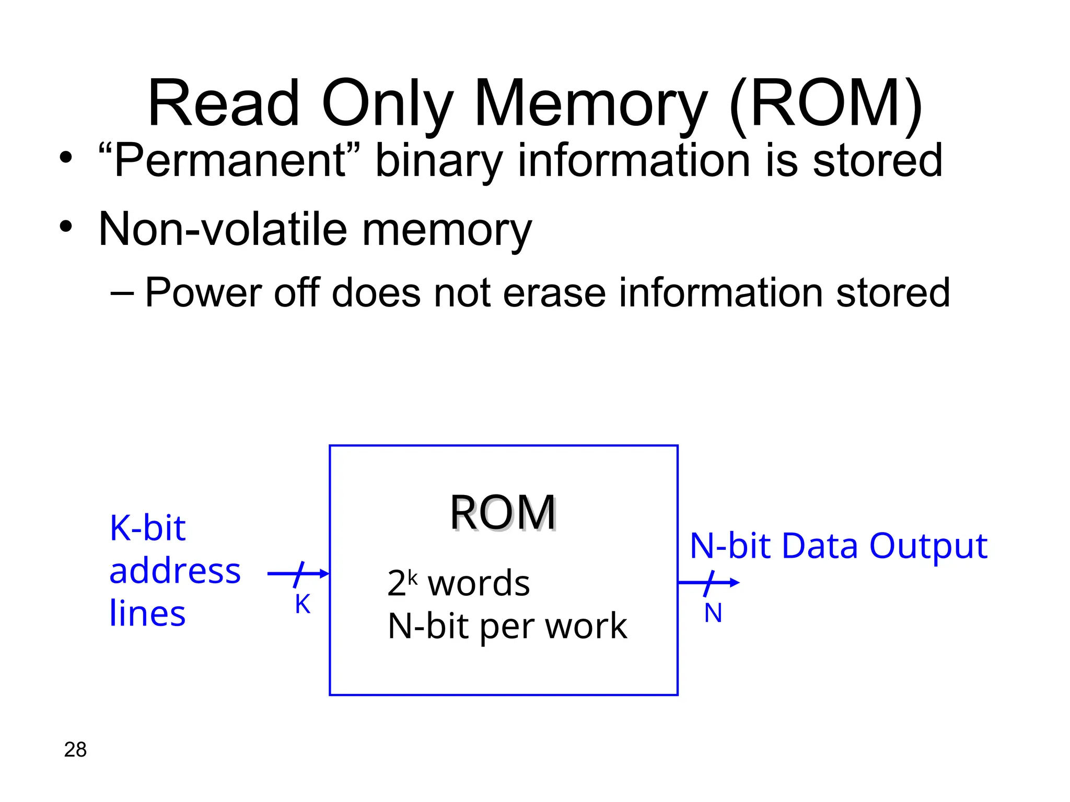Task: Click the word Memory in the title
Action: pyautogui.click(x=590, y=104)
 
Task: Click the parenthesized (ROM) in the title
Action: pyautogui.click(x=825, y=104)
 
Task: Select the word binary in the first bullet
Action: pyautogui.click(x=439, y=162)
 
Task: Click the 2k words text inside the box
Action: pyautogui.click(x=458, y=583)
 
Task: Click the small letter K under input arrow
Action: pyautogui.click(x=303, y=605)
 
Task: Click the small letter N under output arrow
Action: pyautogui.click(x=713, y=613)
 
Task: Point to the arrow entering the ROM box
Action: pyautogui.click(x=298, y=574)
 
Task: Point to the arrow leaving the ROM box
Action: pyautogui.click(x=708, y=583)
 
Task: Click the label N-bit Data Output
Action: pyautogui.click(x=838, y=546)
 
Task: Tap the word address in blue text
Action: pyautogui.click(x=175, y=571)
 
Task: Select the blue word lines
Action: pyautogui.click(x=147, y=614)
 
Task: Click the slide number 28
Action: pyautogui.click(x=75, y=750)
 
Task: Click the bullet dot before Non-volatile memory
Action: pyautogui.click(x=65, y=227)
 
